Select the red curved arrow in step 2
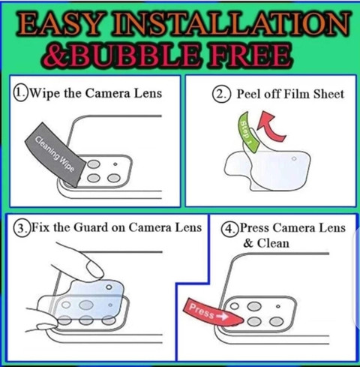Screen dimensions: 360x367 (271, 126)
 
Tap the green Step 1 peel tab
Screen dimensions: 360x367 (247, 133)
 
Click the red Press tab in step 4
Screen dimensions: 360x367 (212, 313)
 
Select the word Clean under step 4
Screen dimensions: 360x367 (273, 243)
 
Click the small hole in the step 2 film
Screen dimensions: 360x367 (294, 158)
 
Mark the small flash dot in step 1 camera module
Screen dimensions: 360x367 (115, 164)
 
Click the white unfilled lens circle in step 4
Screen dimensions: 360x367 (235, 305)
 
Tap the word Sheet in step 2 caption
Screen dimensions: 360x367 (329, 94)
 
